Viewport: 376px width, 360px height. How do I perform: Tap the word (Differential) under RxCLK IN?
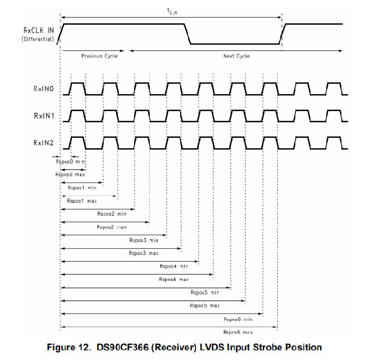point(37,39)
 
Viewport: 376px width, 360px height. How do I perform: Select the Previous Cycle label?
point(99,56)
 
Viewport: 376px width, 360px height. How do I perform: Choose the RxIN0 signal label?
point(44,89)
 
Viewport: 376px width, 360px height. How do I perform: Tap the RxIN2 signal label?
point(44,141)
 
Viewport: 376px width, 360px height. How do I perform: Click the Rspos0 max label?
point(70,174)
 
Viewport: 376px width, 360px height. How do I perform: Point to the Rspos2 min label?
point(112,214)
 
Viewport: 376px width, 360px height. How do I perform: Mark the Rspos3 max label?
point(144,253)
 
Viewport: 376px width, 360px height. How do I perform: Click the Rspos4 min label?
point(174,266)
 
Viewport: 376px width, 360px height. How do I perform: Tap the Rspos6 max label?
point(238,332)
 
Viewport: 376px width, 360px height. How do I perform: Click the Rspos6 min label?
point(238,319)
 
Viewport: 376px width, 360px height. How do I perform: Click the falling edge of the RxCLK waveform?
point(188,34)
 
